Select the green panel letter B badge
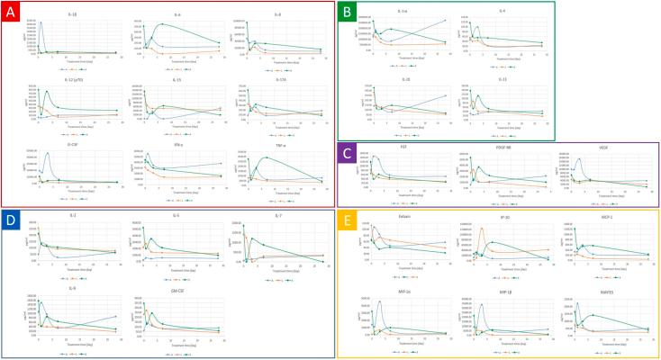(347, 13)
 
